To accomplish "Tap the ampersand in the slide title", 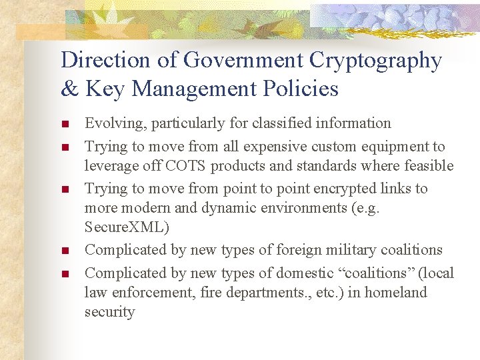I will [69, 89].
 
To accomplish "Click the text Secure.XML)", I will [127, 227].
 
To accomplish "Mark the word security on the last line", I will [109, 312].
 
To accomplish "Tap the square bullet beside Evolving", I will [65, 124].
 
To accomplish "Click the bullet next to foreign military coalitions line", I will [65, 251].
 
